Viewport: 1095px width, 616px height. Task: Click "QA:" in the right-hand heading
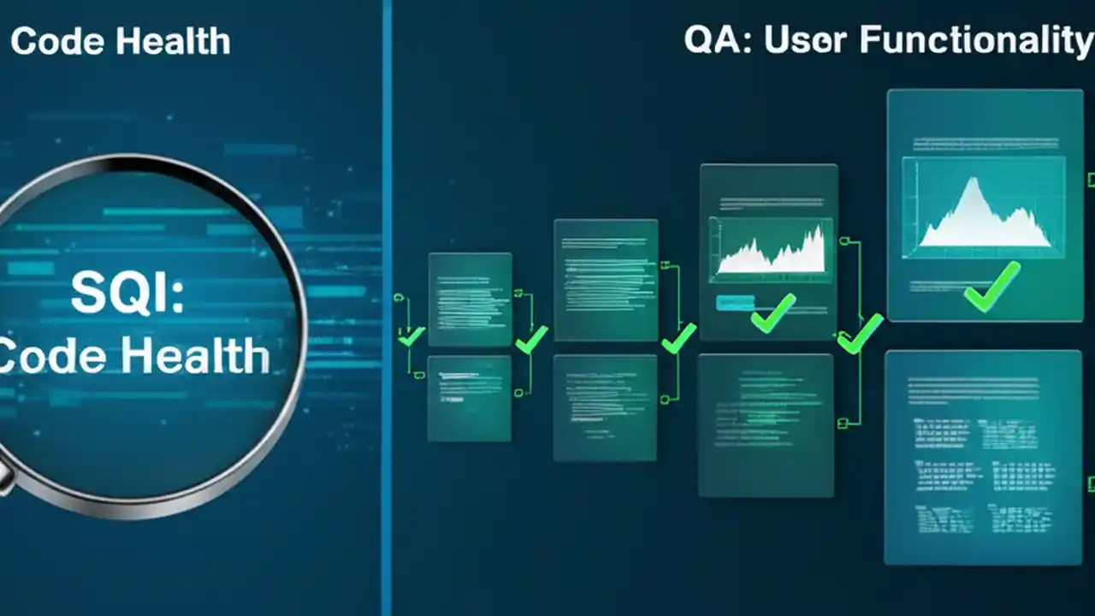tap(717, 40)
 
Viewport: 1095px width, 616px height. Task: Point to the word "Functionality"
tap(975, 40)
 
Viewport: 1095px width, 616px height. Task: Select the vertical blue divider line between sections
tap(387, 308)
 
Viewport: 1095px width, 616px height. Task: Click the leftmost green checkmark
tap(411, 335)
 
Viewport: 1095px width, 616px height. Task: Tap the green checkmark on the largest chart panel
tap(991, 287)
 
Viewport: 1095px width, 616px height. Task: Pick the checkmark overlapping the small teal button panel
tap(772, 313)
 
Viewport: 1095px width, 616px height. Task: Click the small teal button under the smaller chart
tap(735, 302)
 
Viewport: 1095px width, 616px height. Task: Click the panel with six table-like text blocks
tap(982, 458)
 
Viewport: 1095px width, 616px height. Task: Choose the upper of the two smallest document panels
tap(470, 299)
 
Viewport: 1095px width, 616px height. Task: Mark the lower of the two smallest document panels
tap(469, 399)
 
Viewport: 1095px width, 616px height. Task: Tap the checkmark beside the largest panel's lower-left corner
tap(860, 334)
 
